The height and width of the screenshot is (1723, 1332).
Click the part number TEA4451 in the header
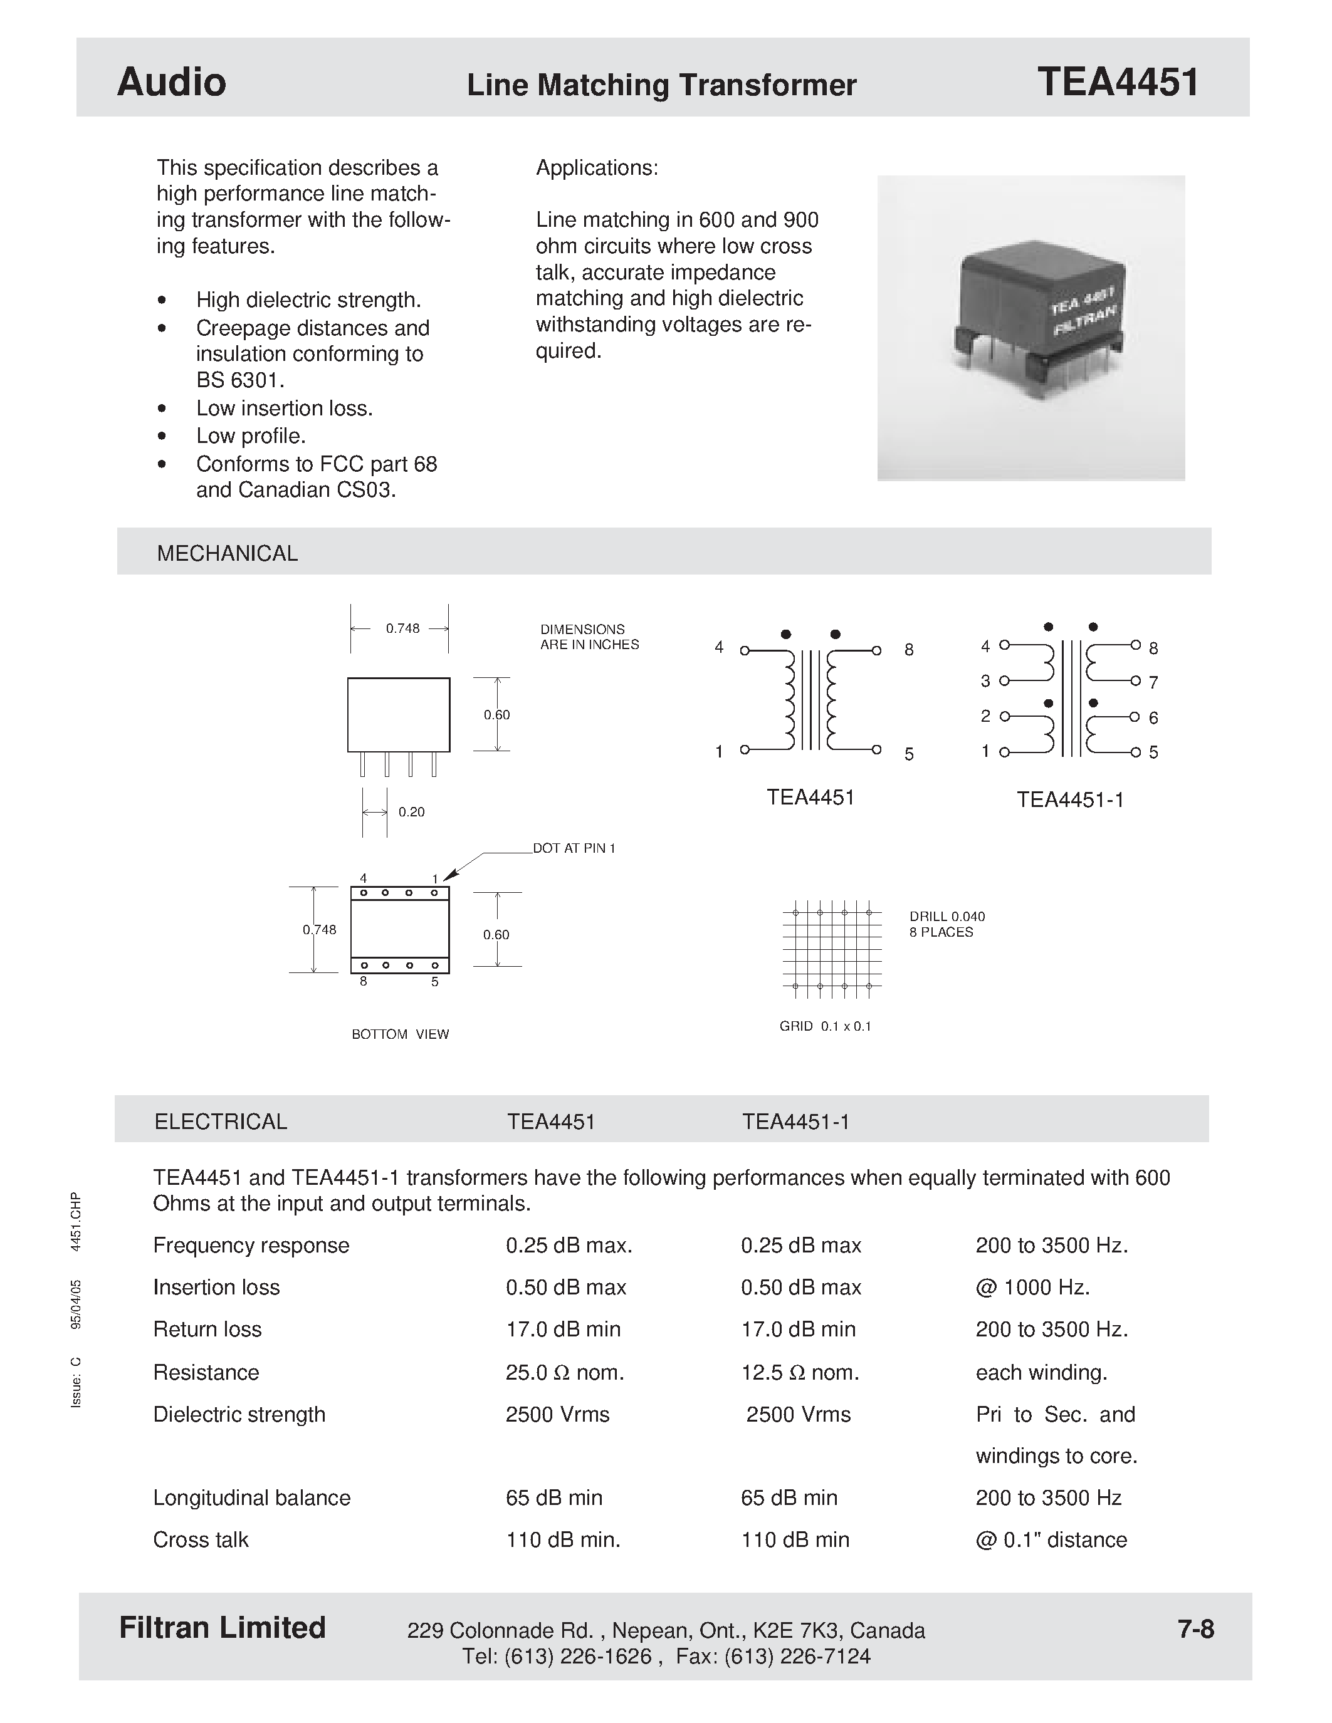[1118, 82]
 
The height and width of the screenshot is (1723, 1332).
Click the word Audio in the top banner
[171, 82]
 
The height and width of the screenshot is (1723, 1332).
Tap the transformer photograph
[1030, 328]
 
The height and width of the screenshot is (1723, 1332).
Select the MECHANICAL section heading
[228, 553]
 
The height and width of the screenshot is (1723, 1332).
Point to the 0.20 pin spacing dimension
[411, 812]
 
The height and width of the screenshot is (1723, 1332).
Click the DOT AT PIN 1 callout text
[574, 848]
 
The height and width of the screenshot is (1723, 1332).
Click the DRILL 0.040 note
[947, 917]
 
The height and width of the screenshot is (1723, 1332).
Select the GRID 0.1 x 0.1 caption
[825, 1026]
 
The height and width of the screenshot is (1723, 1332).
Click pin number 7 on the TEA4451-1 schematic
[1153, 682]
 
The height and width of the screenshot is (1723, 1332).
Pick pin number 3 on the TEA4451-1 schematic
[985, 680]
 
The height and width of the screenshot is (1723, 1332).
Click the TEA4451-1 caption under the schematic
[1070, 800]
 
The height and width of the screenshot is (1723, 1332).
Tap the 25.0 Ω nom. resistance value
[565, 1373]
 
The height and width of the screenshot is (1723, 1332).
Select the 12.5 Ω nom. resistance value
[799, 1373]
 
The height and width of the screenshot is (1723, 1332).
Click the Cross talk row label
[201, 1540]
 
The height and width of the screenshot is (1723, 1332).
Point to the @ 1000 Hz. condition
[1032, 1288]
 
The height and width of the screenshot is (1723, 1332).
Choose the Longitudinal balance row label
[252, 1497]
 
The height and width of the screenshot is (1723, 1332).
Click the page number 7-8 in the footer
[1195, 1628]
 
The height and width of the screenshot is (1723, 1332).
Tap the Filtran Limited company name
[222, 1628]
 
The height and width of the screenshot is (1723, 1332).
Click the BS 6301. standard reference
[240, 380]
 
